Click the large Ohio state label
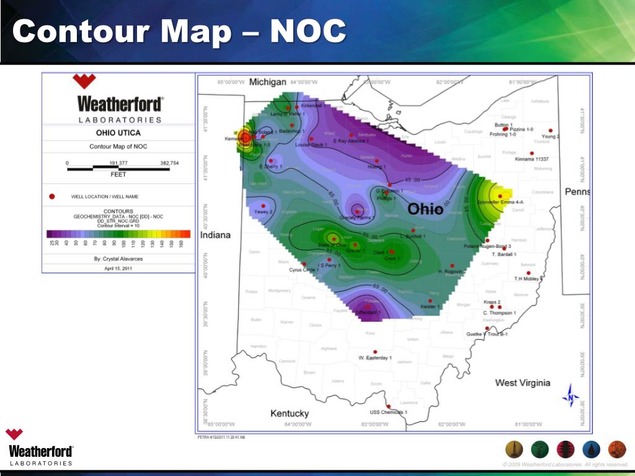click(425, 209)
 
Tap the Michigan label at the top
click(267, 82)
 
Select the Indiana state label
click(215, 235)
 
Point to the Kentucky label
click(290, 413)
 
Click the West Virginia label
click(522, 382)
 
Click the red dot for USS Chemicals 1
click(388, 407)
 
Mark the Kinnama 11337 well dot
click(531, 153)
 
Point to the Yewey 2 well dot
click(264, 206)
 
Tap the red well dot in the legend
click(52, 196)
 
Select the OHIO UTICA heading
click(118, 133)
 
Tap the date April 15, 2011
click(118, 268)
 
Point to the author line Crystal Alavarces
click(118, 258)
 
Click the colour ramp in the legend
click(118, 234)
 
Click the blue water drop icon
click(592, 449)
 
